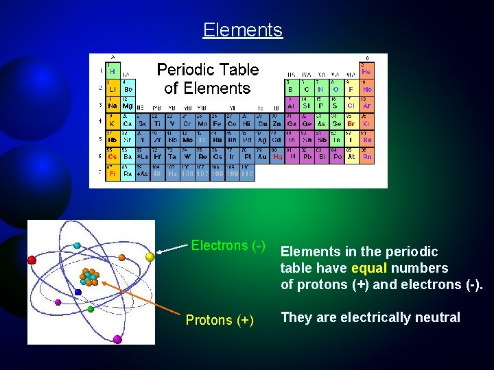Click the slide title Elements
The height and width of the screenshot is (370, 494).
point(242,30)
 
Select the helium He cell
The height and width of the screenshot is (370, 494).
point(366,71)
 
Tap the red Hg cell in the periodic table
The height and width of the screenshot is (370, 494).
point(277,157)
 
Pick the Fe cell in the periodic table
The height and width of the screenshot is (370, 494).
point(217,123)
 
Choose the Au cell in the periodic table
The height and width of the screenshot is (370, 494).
point(262,157)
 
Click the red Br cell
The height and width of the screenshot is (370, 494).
point(351,123)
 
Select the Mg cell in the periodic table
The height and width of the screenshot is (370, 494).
point(128,106)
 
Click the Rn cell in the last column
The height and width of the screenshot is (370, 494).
point(367,157)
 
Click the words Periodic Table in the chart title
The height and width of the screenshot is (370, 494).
point(208,70)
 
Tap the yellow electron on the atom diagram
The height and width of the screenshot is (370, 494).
point(150,256)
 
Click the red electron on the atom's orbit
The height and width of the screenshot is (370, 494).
point(32,260)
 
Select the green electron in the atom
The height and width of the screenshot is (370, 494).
point(91,309)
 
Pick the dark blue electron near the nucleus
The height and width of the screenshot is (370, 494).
point(78,292)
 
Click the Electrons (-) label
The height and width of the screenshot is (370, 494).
point(228,245)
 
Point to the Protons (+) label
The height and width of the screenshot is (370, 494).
point(220,320)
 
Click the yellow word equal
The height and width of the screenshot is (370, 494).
point(370,268)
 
